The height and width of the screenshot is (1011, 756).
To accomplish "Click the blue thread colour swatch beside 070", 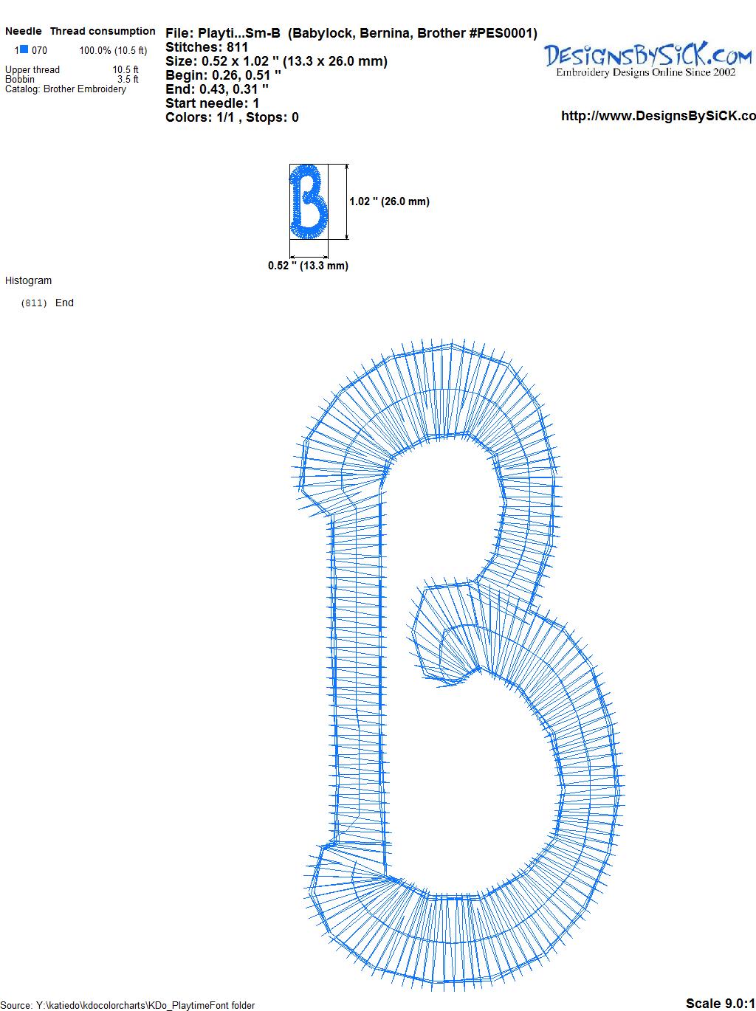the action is click(24, 49).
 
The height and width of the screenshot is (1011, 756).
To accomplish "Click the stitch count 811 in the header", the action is click(237, 47).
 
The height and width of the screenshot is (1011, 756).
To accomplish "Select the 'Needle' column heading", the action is click(24, 31).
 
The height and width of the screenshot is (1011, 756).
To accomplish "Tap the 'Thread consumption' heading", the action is click(103, 31).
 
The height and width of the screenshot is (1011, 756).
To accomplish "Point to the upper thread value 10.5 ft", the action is click(126, 69).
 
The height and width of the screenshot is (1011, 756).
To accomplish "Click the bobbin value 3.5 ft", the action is click(128, 79).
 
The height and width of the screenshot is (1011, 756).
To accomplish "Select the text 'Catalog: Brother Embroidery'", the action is click(66, 89).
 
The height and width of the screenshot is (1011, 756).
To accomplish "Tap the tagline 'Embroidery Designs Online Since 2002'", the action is click(645, 72).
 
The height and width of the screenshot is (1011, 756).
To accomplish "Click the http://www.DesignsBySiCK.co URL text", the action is click(659, 116).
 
